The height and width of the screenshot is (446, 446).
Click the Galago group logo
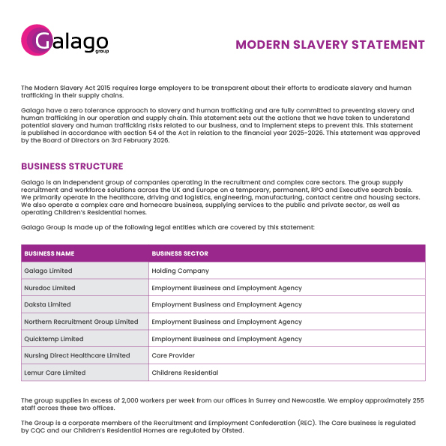click(x=65, y=40)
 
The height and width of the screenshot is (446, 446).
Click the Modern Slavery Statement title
click(x=330, y=44)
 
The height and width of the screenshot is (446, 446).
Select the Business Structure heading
click(x=72, y=166)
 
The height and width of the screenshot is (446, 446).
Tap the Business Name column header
click(x=49, y=253)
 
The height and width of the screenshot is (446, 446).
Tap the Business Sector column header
click(x=180, y=253)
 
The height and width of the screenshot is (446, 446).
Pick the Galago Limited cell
click(x=48, y=271)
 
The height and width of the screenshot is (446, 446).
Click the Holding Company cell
click(x=180, y=271)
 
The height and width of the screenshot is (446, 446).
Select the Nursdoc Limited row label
click(x=49, y=288)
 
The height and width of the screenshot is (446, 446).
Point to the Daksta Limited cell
click(x=47, y=305)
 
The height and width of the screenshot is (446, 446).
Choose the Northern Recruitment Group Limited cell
click(x=81, y=322)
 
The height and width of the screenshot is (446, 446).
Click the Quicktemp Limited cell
click(x=53, y=339)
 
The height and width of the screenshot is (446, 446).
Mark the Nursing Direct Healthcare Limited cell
click(x=76, y=355)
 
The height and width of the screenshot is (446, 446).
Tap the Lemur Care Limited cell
click(x=55, y=373)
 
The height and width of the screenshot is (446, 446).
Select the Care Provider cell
click(x=173, y=355)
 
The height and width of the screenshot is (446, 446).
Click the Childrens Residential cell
click(x=184, y=373)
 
